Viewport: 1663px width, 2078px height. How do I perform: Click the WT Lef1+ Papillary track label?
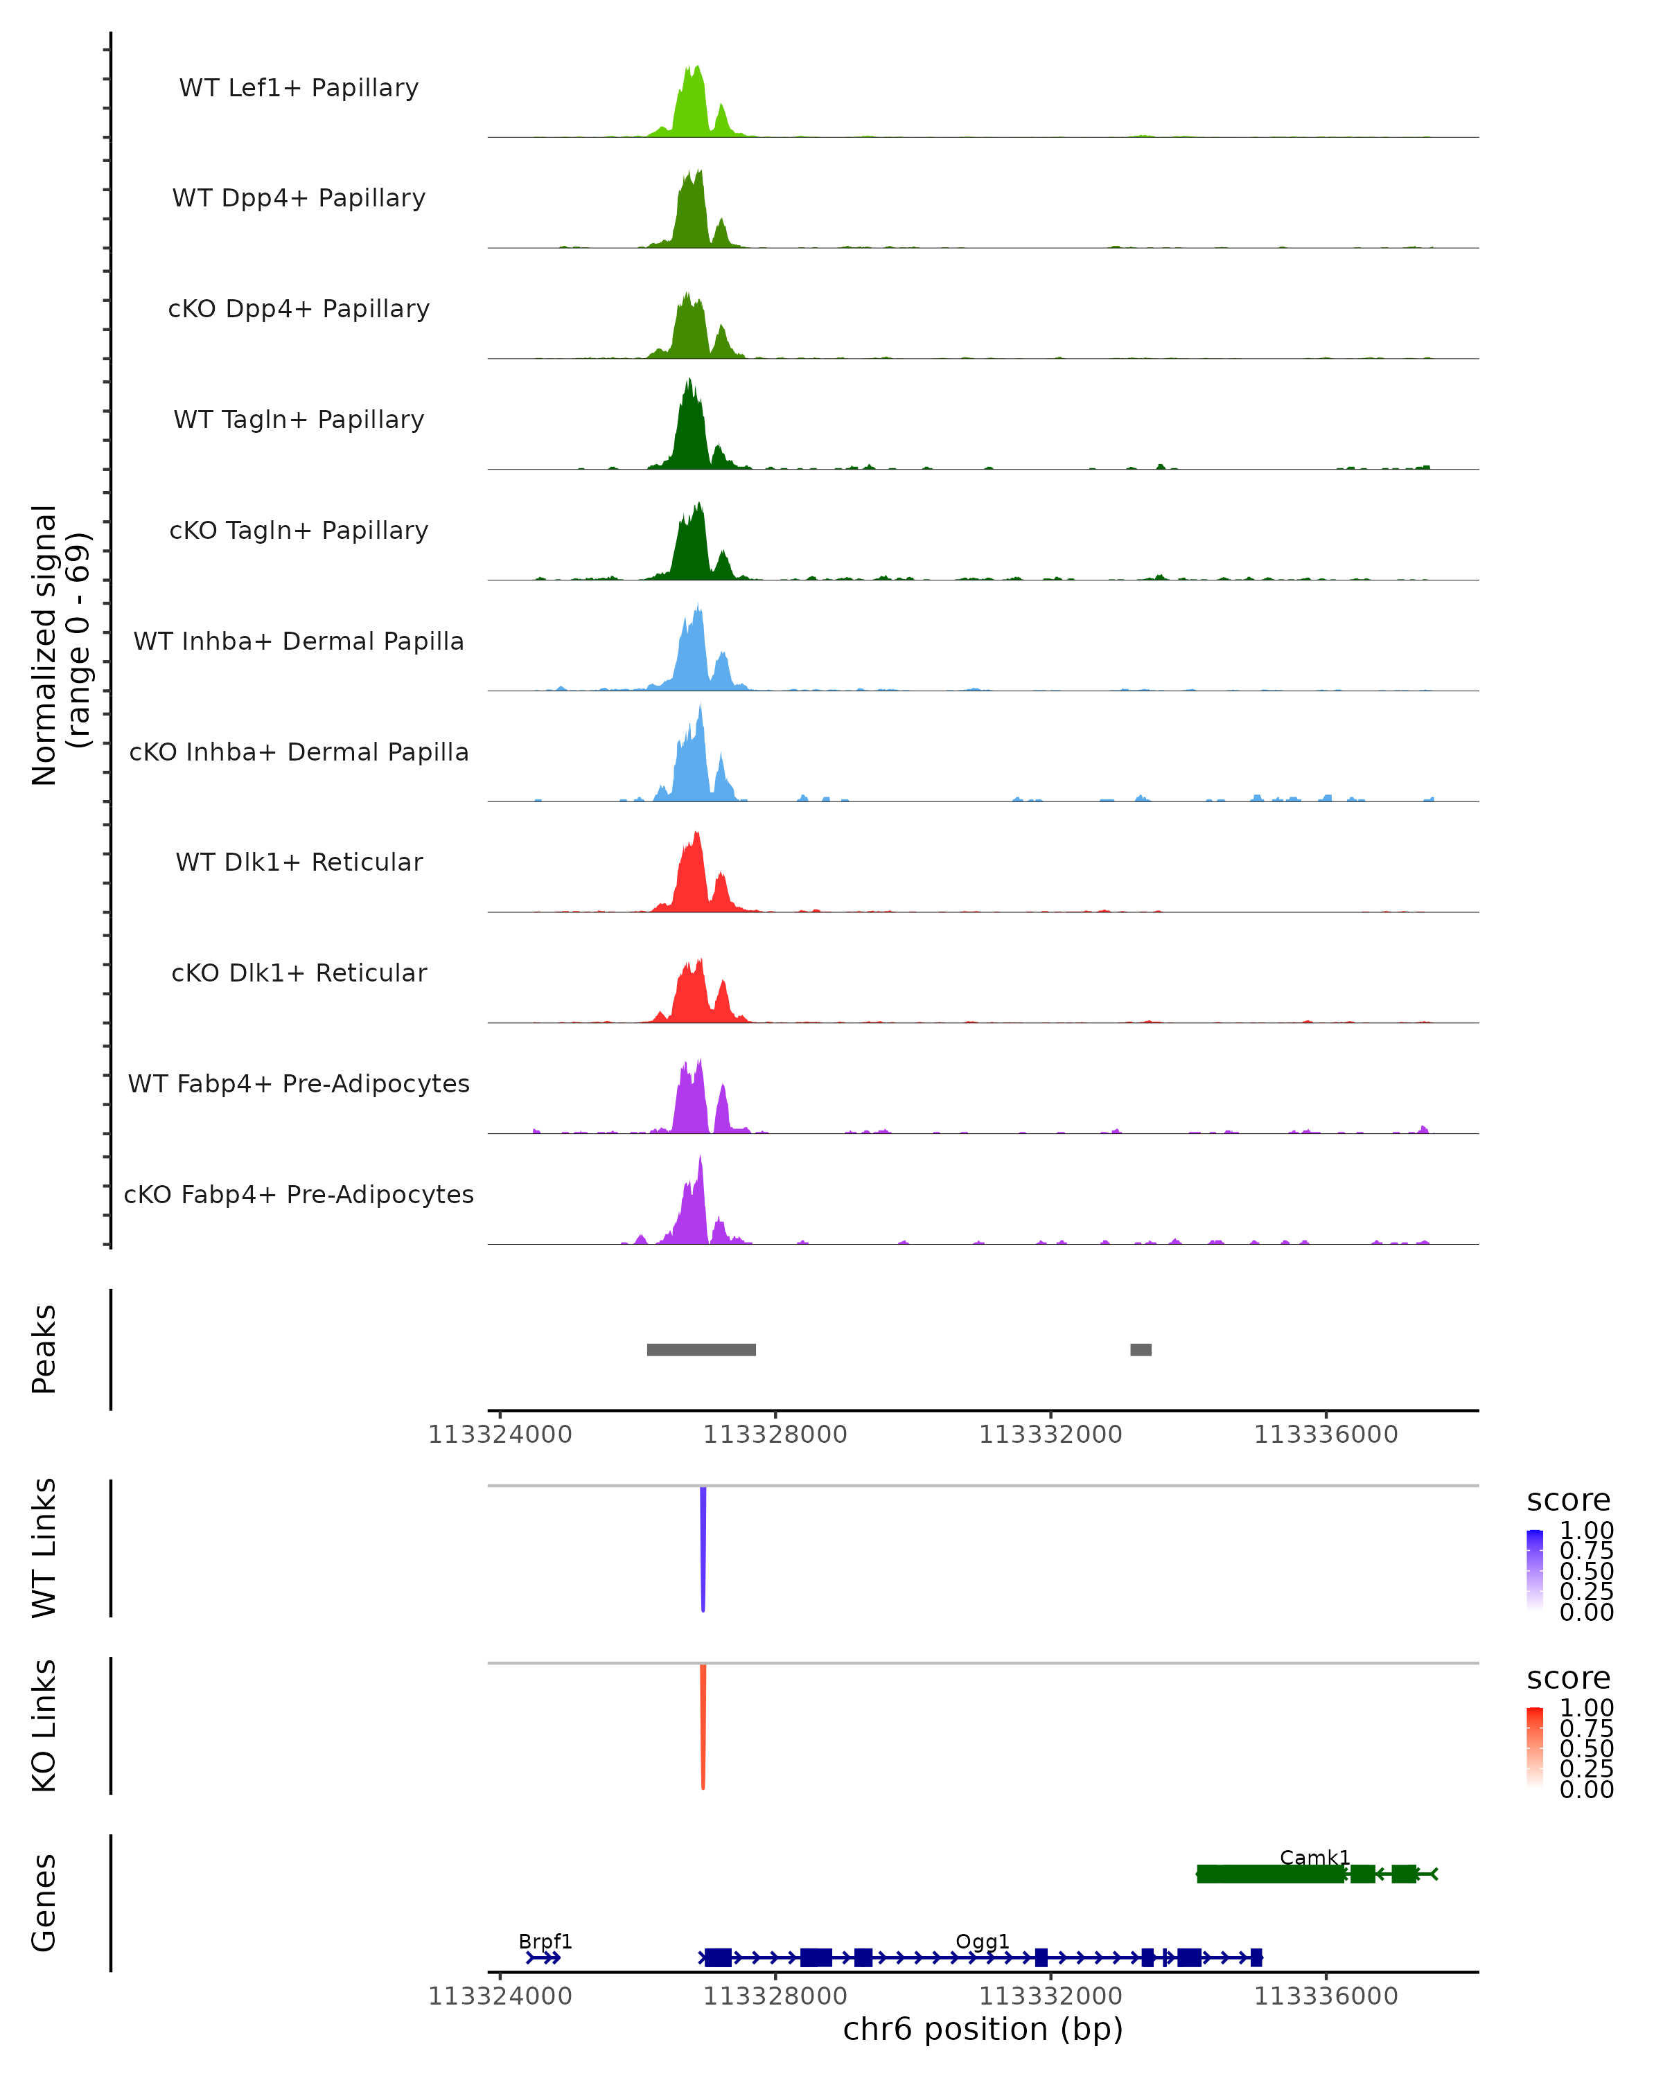299,88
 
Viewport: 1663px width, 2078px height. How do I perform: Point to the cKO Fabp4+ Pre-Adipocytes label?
299,1194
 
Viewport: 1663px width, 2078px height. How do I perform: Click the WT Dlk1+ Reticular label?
299,862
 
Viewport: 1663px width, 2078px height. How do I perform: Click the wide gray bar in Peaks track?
701,1349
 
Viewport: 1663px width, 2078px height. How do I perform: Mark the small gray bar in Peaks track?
1141,1349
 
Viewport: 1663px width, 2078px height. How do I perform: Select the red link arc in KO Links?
703,1725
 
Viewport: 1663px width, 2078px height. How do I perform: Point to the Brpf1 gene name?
545,1941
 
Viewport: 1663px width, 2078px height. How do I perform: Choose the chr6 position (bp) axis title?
983,2029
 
